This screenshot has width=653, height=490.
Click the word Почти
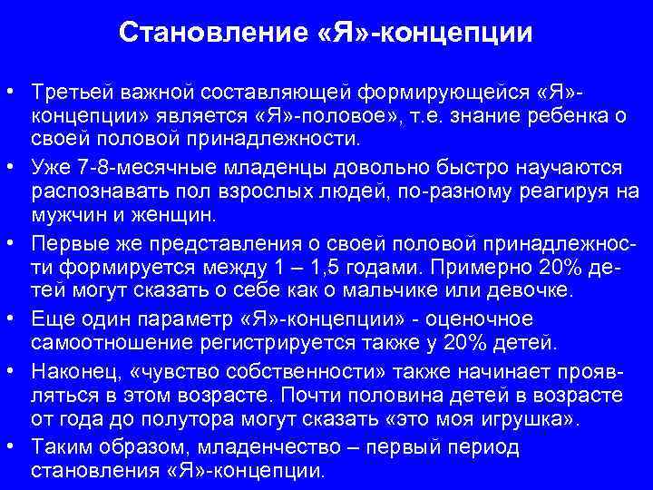(310, 397)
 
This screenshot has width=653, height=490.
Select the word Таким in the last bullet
(60, 448)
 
